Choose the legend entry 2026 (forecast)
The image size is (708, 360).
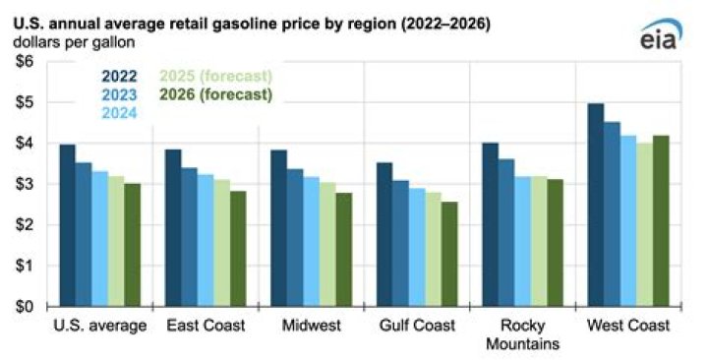pyautogui.click(x=215, y=95)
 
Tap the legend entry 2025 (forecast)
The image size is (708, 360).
pyautogui.click(x=215, y=76)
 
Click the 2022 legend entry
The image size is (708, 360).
pyautogui.click(x=118, y=76)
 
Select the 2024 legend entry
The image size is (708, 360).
pyautogui.click(x=118, y=114)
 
